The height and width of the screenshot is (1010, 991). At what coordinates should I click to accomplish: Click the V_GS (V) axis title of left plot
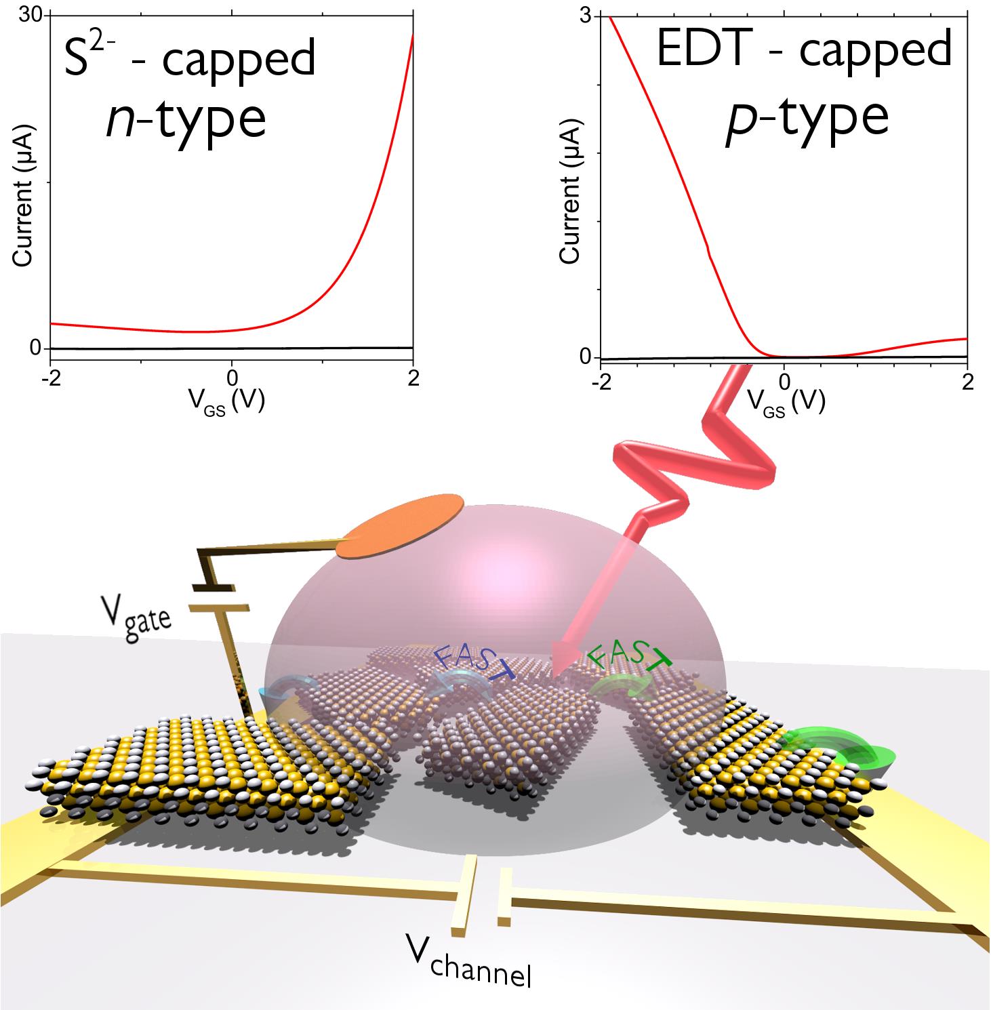click(230, 403)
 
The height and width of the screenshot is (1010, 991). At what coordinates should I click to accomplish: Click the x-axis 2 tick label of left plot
click(413, 378)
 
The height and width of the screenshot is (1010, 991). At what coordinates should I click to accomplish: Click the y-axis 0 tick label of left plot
click(35, 348)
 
